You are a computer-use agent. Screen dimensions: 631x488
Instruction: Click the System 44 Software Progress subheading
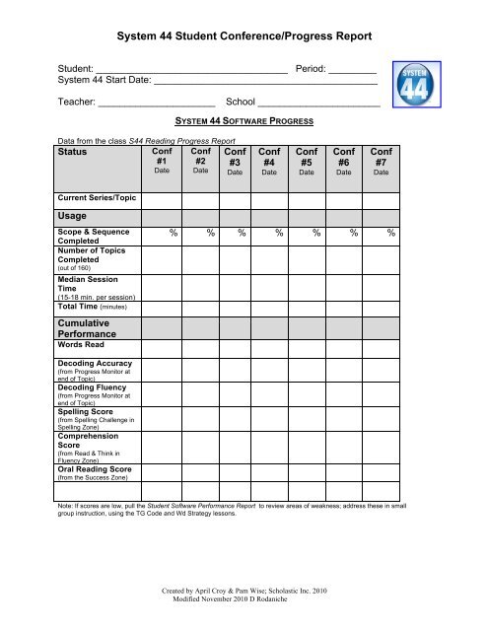click(x=244, y=121)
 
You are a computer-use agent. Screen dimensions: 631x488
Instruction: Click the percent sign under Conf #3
click(x=242, y=234)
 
